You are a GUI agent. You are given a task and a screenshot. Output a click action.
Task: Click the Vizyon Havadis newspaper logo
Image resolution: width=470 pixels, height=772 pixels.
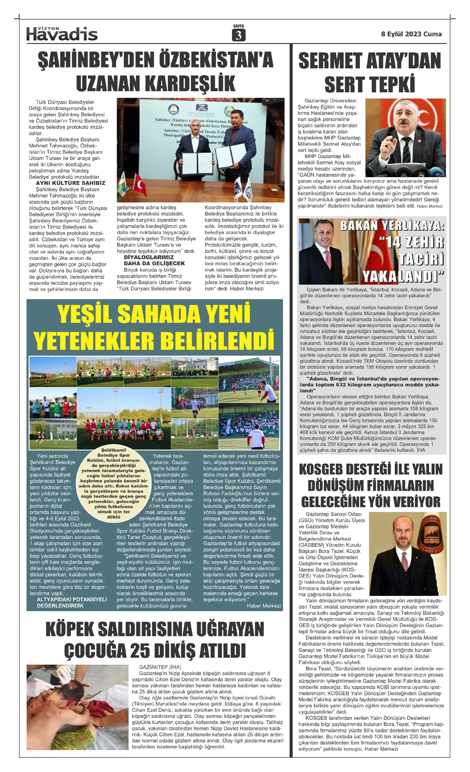(62, 34)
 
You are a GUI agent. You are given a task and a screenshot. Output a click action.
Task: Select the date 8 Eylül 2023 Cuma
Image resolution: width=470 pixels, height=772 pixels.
(411, 34)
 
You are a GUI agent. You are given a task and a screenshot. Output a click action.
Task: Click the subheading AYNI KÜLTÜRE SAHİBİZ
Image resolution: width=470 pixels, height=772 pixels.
(70, 183)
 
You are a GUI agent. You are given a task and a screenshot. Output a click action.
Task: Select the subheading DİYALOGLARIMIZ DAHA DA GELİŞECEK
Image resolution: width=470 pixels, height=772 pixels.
(154, 260)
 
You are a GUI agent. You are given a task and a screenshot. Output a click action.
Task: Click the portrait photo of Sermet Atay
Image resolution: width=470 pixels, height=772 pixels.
(405, 137)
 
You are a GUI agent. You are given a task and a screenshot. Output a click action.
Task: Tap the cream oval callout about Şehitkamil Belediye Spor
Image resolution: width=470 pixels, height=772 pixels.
(114, 483)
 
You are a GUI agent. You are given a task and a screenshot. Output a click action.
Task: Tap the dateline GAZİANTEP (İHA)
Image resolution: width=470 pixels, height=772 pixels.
(160, 667)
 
